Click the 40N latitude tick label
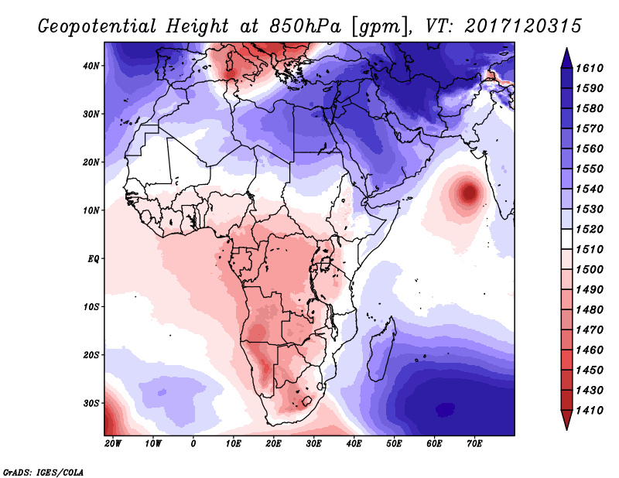[91, 66]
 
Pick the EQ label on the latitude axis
[94, 258]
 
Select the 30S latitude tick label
[91, 403]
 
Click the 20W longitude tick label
[113, 443]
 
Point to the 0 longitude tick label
[193, 443]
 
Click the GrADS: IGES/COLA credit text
[43, 471]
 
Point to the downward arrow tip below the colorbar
[566, 426]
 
